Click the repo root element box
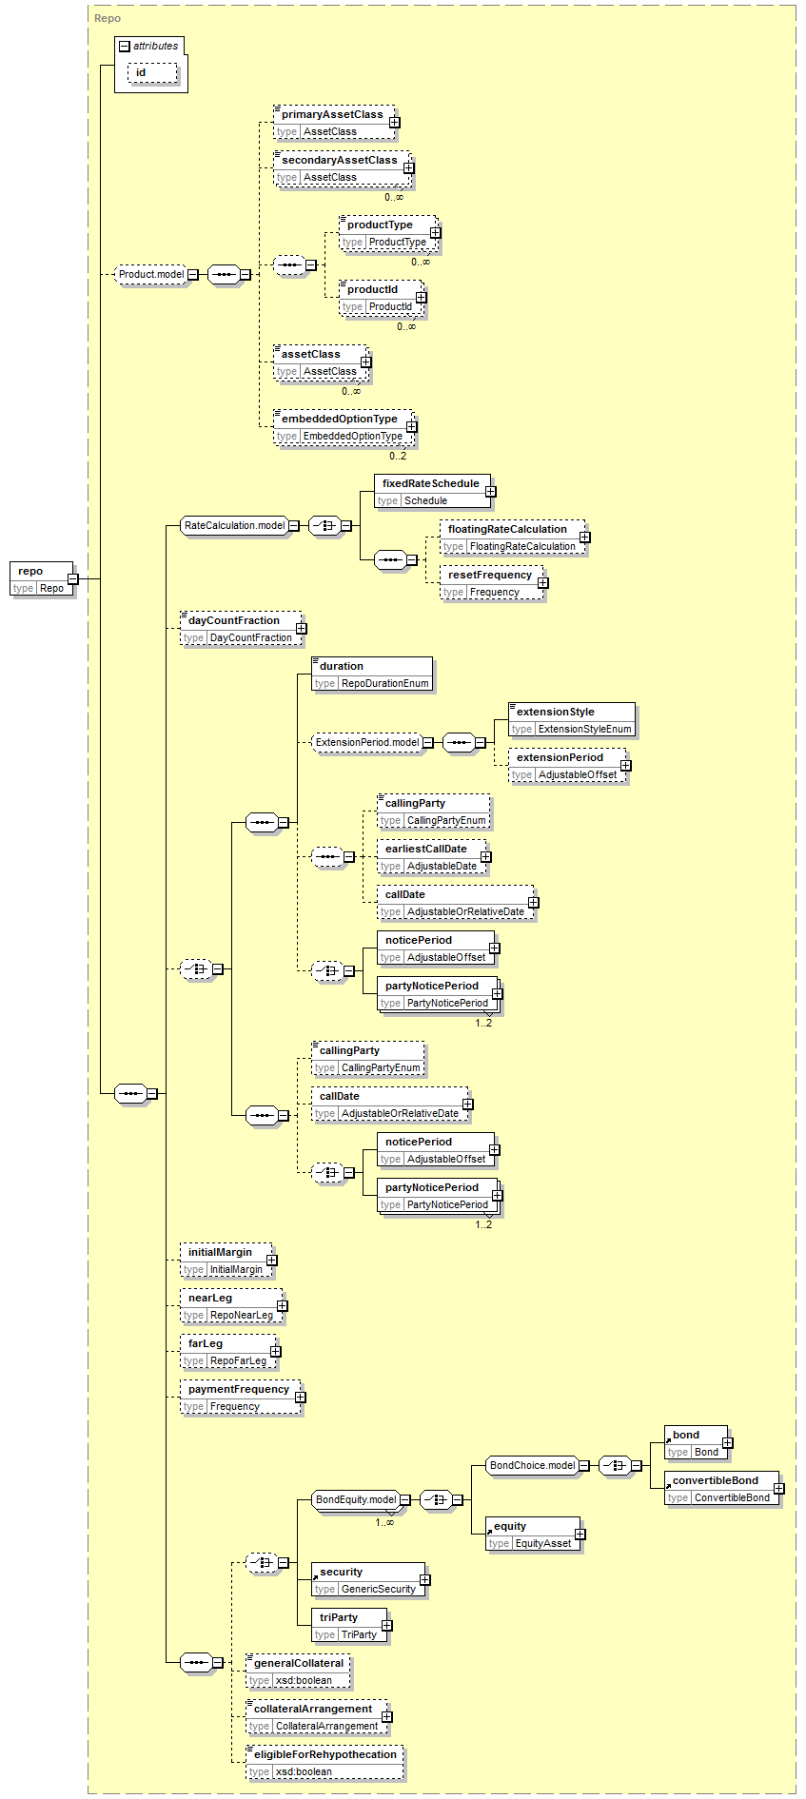point(41,578)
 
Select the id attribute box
point(152,72)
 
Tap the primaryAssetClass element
point(333,123)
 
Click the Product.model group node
point(151,274)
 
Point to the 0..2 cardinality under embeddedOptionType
point(398,456)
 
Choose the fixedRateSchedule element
point(432,492)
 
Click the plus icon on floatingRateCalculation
point(584,538)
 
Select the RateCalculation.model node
point(234,525)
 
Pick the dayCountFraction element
point(242,629)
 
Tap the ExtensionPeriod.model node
point(367,742)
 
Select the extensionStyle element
point(571,720)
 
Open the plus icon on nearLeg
point(282,1306)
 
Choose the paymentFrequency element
point(241,1398)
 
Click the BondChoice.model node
point(532,1465)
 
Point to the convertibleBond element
point(722,1489)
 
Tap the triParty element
point(349,1626)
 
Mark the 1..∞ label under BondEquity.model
point(384,1522)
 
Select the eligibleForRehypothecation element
point(324,1763)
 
